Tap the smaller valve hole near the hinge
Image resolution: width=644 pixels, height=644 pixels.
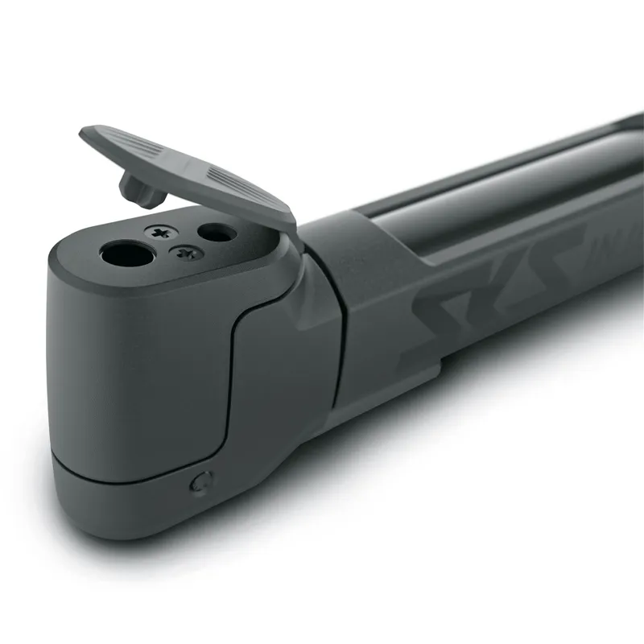point(217,233)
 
